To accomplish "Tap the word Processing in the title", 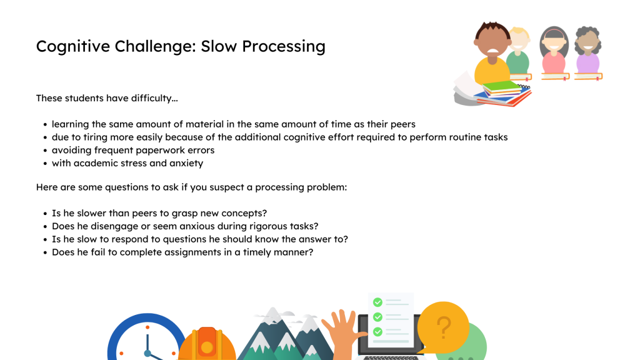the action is (x=284, y=47).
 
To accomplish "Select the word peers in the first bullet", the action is (x=403, y=124).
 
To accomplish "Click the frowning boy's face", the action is (x=492, y=44).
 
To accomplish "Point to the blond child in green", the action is (x=518, y=51).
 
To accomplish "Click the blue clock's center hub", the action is (x=147, y=353).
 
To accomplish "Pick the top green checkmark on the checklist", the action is (x=377, y=302).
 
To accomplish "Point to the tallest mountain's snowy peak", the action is (x=272, y=316).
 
